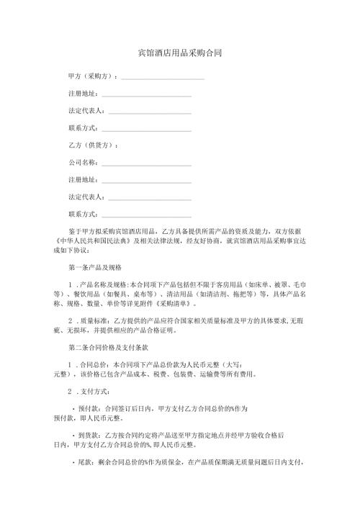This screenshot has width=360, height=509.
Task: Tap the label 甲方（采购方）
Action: click(91, 76)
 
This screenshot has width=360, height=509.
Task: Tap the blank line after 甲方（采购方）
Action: click(163, 77)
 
